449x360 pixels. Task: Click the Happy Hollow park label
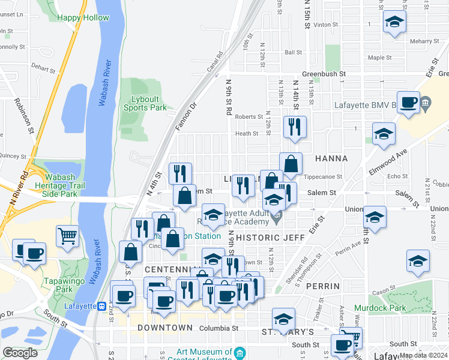pyautogui.click(x=83, y=18)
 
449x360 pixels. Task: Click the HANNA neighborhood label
pyautogui.click(x=330, y=158)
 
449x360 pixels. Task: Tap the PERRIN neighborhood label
pyautogui.click(x=323, y=287)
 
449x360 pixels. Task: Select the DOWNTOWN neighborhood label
pyautogui.click(x=165, y=328)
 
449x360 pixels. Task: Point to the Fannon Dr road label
pyautogui.click(x=185, y=118)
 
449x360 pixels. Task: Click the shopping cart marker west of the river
pyautogui.click(x=68, y=235)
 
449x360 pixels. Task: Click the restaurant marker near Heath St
pyautogui.click(x=294, y=126)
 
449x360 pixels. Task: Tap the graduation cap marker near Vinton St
pyautogui.click(x=394, y=23)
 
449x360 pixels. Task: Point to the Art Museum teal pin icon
pyautogui.click(x=240, y=352)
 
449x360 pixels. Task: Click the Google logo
pyautogui.click(x=20, y=353)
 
